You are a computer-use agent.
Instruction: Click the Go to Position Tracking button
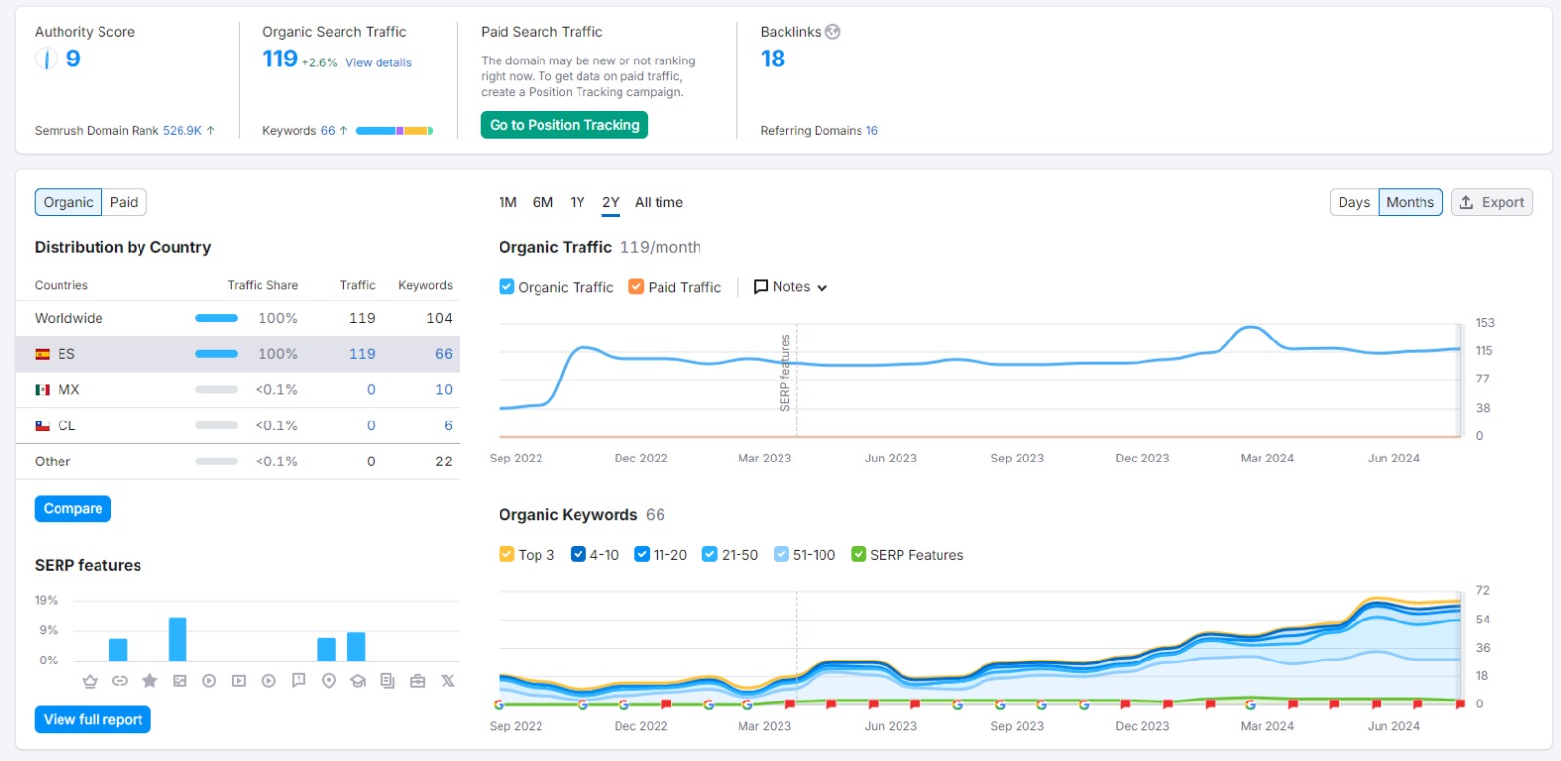[564, 125]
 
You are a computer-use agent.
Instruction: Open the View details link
[379, 62]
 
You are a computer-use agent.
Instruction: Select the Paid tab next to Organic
[124, 202]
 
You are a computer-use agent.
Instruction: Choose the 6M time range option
[542, 202]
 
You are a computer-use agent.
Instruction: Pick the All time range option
[659, 202]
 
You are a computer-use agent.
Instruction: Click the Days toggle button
[1354, 202]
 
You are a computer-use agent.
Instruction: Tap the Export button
[1492, 202]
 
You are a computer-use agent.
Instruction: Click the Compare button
[73, 508]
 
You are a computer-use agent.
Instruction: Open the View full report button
[93, 719]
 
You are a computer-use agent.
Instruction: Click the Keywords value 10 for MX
[444, 389]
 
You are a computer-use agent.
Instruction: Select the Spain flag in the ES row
[43, 354]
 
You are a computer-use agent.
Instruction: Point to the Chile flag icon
[43, 425]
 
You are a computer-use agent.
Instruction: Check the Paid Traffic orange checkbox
[636, 287]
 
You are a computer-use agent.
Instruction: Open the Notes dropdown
[791, 287]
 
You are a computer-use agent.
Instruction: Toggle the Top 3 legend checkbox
[506, 555]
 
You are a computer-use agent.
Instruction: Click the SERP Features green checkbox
[859, 555]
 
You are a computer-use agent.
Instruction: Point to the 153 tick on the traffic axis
[1485, 323]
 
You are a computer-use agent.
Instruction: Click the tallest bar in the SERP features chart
[178, 639]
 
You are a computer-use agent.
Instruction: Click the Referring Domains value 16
[872, 131]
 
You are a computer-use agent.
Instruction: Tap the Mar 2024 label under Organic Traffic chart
[1267, 458]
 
